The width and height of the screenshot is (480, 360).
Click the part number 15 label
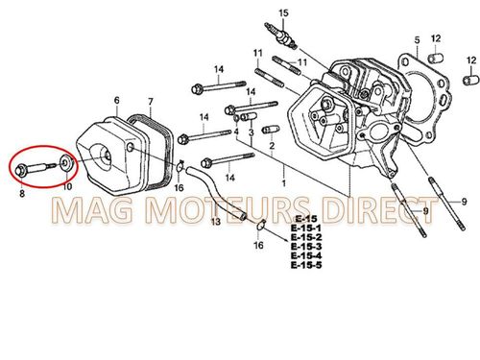pos(283,12)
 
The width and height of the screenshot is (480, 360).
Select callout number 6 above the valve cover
pos(116,100)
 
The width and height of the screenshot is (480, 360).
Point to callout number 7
pos(150,101)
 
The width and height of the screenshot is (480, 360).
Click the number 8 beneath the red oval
pos(21,193)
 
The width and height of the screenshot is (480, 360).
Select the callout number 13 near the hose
pos(215,222)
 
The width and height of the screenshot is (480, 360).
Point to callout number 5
pos(417,39)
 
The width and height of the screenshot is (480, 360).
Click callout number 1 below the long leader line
pos(282,180)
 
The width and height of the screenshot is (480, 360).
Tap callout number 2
pos(272,146)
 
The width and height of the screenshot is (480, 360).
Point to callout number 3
pos(251,132)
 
